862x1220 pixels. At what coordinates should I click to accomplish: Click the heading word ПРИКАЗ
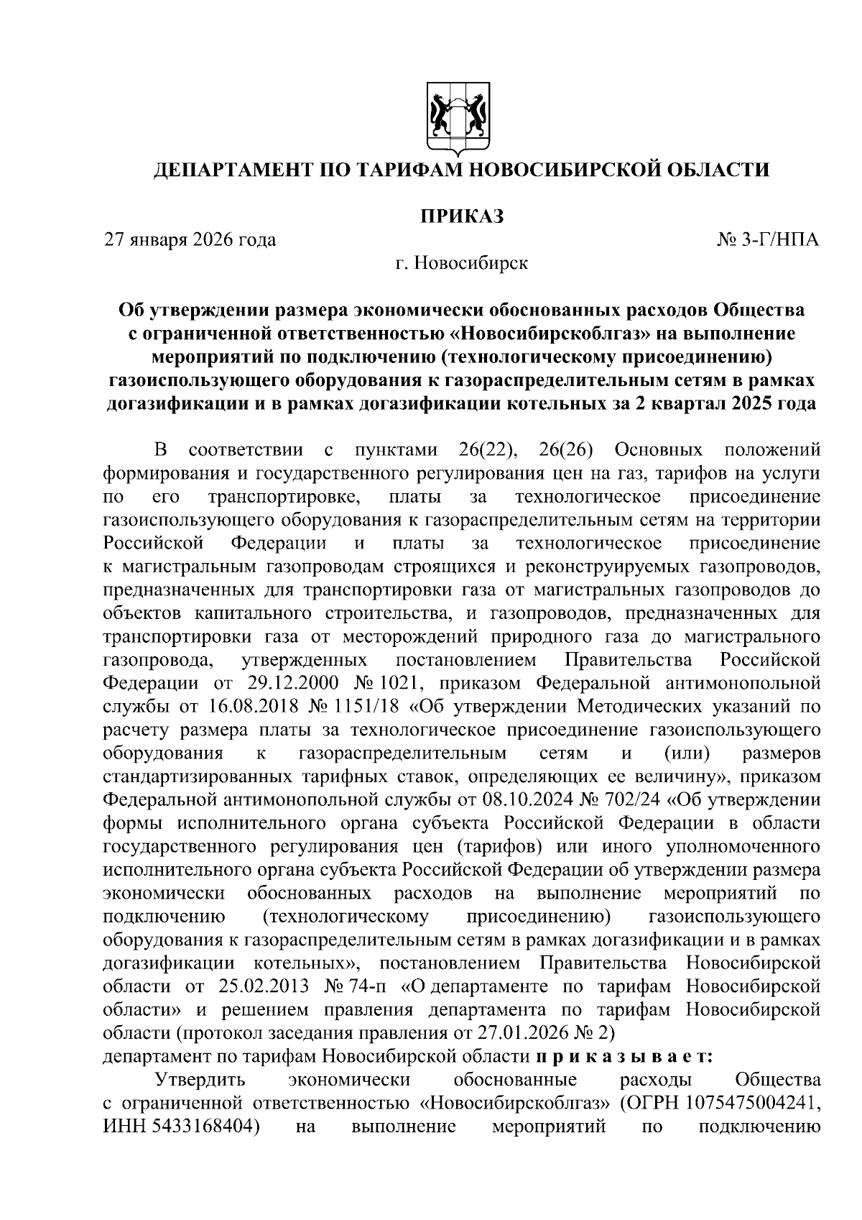tap(460, 216)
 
